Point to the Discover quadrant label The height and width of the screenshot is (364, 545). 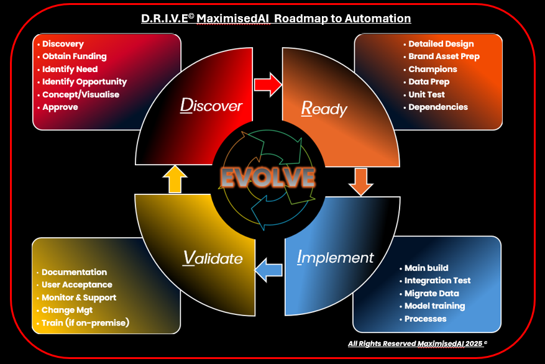coord(211,105)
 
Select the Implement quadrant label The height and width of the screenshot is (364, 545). coord(336,257)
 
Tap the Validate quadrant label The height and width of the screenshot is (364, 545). coord(213,257)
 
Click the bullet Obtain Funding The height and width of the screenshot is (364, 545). coord(74,57)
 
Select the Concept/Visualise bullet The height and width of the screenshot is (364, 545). coord(80,94)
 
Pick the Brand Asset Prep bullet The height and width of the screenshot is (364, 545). coord(444,57)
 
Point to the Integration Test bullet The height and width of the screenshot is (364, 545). coord(437,281)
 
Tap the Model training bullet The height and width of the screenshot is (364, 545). coord(434,306)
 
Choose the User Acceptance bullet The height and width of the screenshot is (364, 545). coord(76,284)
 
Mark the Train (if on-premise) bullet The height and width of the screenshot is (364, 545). coord(85,323)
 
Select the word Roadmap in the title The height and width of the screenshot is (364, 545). coord(298,19)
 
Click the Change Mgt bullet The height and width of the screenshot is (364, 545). coord(69,310)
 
